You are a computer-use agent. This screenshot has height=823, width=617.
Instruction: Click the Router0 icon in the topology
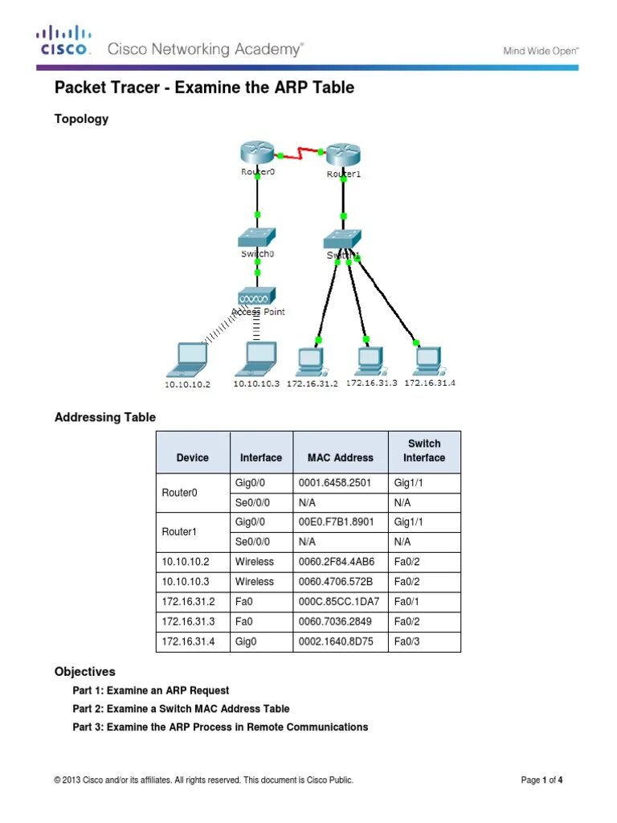(x=257, y=153)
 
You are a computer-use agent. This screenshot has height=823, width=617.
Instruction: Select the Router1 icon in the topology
(x=343, y=154)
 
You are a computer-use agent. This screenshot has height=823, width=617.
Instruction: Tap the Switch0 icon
(x=257, y=237)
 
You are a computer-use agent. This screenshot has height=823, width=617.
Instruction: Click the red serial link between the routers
(x=300, y=152)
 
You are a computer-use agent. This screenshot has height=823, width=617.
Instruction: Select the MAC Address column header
(x=340, y=457)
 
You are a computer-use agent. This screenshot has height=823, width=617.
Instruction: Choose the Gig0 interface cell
(x=246, y=641)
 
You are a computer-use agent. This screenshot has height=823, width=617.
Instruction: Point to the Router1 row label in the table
(x=179, y=532)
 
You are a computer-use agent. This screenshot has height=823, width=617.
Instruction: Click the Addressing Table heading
(x=104, y=417)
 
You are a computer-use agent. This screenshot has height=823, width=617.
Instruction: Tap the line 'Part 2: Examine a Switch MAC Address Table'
(x=181, y=709)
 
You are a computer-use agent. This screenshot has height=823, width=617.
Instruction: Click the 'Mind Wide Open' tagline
(x=541, y=51)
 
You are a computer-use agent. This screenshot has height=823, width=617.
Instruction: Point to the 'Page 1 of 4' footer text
(x=541, y=780)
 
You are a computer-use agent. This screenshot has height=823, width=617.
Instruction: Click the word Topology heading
(x=81, y=119)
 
